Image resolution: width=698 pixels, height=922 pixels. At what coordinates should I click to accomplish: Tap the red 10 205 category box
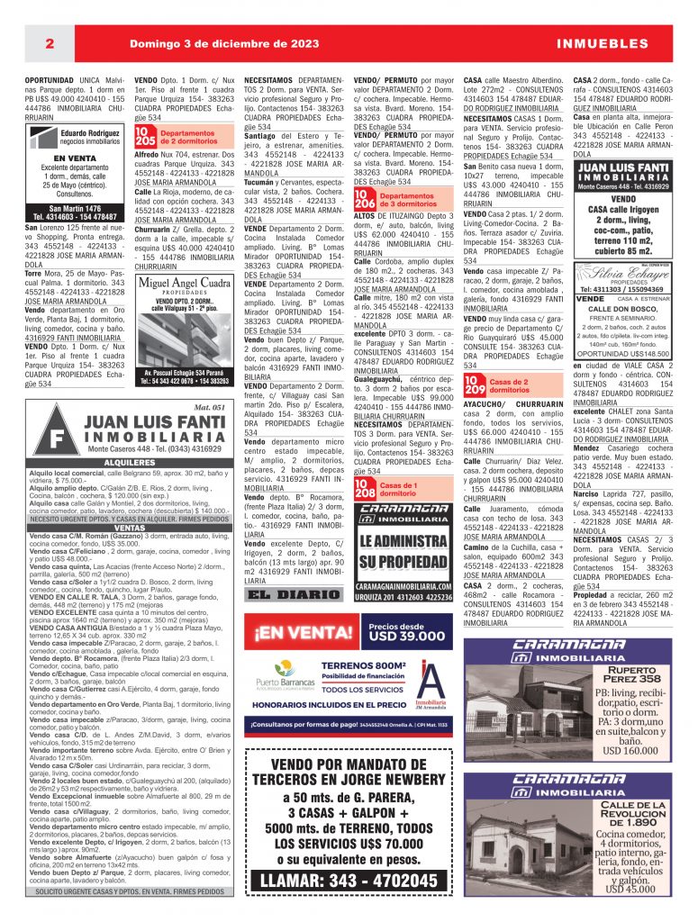point(144,137)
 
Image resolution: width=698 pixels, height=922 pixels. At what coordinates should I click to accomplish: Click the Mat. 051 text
point(209,408)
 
